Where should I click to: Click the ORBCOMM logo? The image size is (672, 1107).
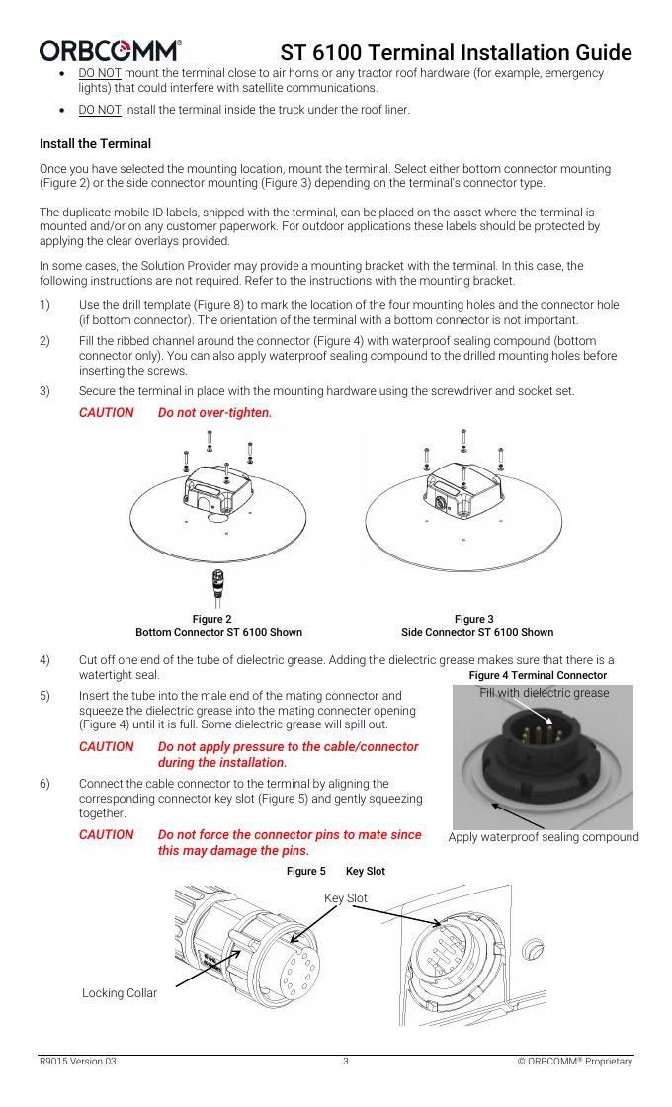[x=110, y=50]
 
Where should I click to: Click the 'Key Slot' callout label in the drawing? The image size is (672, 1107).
[x=345, y=897]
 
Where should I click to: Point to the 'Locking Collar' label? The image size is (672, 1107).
[x=119, y=992]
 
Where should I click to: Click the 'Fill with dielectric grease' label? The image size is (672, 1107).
[x=545, y=693]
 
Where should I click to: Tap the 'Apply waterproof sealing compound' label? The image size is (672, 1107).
[x=544, y=837]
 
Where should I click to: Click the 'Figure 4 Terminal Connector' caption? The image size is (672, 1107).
[x=538, y=675]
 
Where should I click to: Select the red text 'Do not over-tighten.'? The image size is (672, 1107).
[x=214, y=411]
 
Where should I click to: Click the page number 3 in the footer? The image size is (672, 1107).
[x=345, y=1062]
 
